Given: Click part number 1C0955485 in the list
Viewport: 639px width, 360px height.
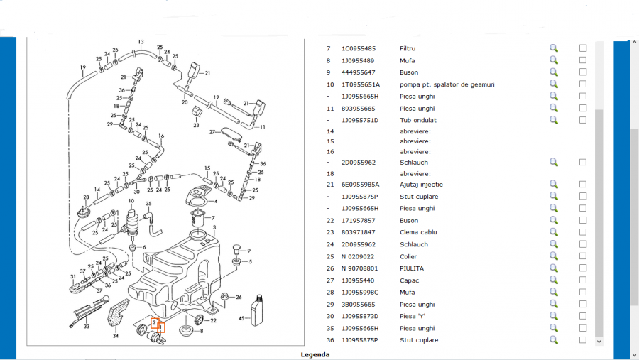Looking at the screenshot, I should pos(359,48).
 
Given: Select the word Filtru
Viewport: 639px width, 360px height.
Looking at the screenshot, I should pos(408,48).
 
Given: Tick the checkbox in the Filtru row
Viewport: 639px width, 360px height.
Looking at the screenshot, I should pos(583,48).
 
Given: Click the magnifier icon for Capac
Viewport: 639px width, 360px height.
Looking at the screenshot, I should pos(554,280).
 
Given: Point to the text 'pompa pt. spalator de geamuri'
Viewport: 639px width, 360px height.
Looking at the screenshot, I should pos(447,84).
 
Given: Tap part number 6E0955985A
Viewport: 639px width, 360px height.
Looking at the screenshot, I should pos(361,184).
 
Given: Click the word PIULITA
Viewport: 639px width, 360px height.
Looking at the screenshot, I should pos(412,268).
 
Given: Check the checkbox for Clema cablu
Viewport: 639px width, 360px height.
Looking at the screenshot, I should pos(583,232).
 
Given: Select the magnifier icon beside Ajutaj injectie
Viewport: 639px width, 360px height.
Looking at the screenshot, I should pos(554,184).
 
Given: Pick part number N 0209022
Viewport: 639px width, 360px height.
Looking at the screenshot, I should pos(357,256).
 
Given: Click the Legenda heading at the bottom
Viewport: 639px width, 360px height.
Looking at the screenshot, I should pos(315,354).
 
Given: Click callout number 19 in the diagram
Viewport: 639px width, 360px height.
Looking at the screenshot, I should pos(83,68).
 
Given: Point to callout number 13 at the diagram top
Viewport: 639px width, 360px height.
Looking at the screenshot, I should pos(142,42).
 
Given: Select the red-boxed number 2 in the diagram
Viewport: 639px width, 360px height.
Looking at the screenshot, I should pos(154,323).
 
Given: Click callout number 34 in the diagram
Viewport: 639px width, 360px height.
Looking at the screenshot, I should pos(116,336).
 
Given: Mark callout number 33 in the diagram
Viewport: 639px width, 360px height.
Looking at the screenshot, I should pos(87,327).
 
